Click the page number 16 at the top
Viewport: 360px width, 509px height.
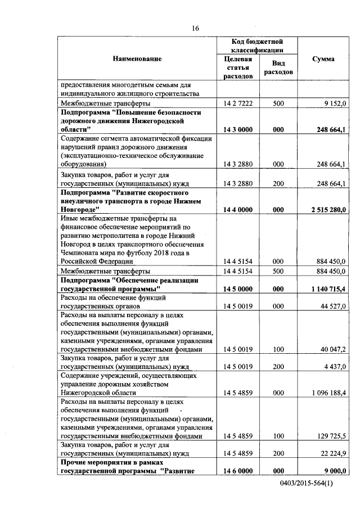coord(195,28)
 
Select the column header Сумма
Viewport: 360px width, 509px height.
coord(323,59)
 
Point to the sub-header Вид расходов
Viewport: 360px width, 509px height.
coord(277,67)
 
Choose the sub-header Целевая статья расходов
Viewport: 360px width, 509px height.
coord(237,67)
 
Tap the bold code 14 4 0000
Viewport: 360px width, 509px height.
coord(237,210)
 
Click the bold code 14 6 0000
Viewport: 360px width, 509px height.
coord(237,471)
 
